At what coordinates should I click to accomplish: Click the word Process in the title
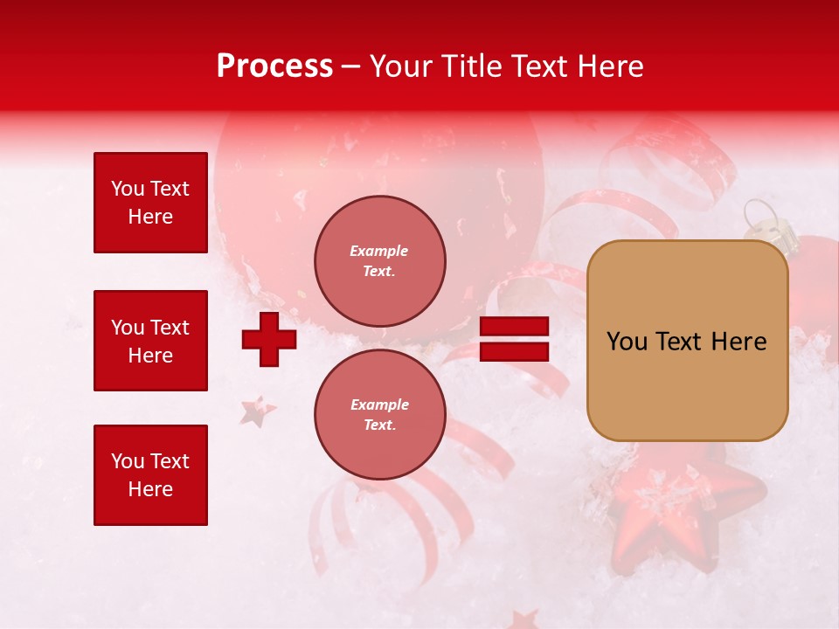(274, 66)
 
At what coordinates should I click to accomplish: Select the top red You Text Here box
(150, 203)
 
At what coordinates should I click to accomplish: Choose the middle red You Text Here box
(150, 341)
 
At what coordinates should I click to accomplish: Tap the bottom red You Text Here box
(150, 475)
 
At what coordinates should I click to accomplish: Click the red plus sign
(269, 339)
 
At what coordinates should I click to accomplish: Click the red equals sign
(515, 339)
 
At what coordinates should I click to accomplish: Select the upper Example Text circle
(379, 260)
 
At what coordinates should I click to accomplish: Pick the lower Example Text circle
(379, 414)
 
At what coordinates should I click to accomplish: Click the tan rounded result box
(687, 341)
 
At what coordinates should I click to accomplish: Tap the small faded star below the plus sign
(258, 411)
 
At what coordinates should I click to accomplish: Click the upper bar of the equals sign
(515, 326)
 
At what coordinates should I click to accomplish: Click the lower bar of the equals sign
(515, 351)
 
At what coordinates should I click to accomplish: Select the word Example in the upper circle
(378, 251)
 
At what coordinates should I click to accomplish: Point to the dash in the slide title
(351, 66)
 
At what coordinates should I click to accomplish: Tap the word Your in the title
(400, 66)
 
